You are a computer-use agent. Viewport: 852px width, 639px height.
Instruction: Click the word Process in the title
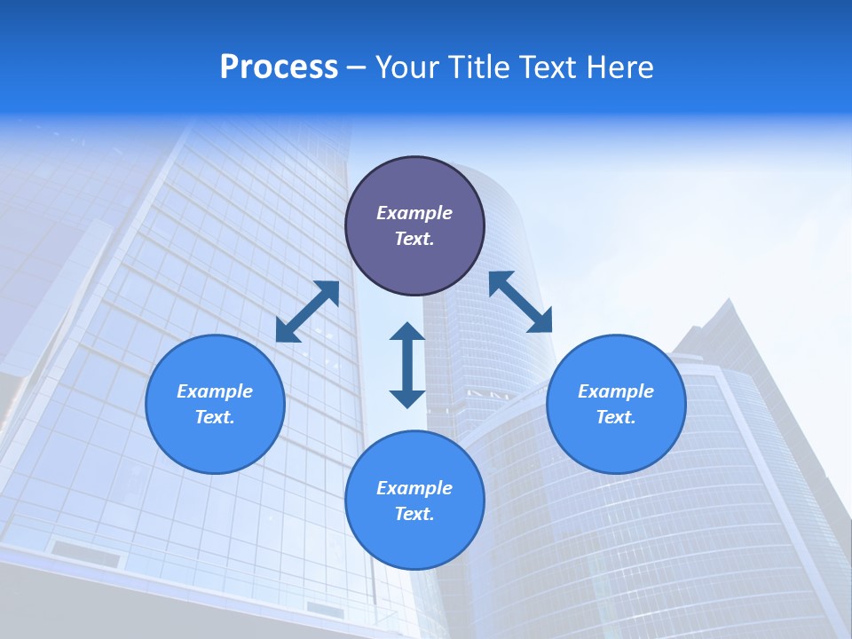tap(279, 67)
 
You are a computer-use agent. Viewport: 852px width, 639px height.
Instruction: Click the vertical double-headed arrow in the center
tap(407, 365)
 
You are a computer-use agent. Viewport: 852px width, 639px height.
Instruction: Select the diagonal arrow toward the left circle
tap(307, 312)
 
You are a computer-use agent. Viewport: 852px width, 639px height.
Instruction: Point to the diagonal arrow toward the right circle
tap(520, 302)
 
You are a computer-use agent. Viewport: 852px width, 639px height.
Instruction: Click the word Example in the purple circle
tap(414, 213)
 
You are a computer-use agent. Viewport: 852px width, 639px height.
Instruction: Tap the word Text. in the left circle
tap(215, 417)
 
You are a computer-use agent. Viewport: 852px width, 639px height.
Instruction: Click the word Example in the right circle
tap(616, 391)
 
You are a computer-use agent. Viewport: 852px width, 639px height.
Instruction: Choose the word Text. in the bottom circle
tap(414, 514)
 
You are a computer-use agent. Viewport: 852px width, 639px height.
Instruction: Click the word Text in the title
tap(551, 67)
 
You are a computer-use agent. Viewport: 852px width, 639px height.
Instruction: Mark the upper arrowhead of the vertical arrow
tap(407, 332)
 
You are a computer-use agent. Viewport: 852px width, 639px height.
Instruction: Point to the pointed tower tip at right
tap(728, 302)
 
